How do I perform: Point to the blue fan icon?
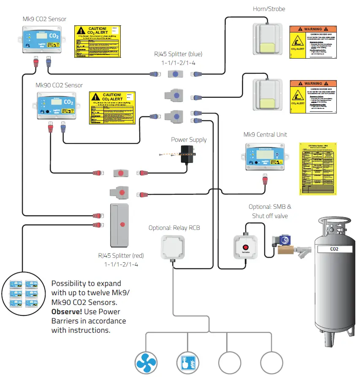coord(146,363)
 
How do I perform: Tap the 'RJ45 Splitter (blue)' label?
coord(177,54)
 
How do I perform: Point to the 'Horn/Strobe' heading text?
coord(269,8)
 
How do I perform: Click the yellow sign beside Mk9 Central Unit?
coord(318,168)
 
